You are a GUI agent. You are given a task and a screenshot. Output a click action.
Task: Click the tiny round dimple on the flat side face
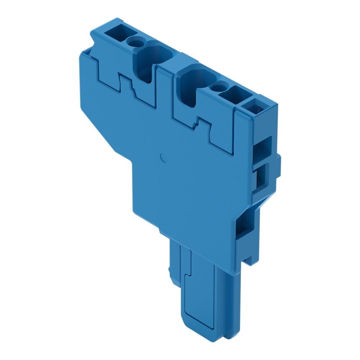click(x=162, y=157)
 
